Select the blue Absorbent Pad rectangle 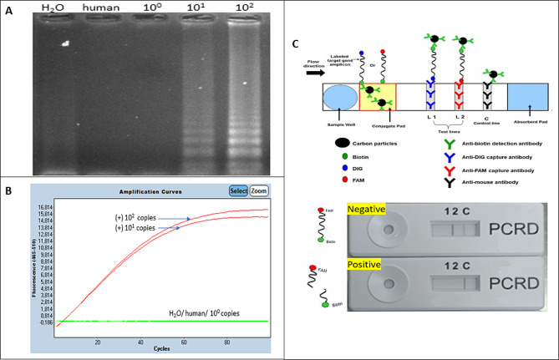click(526, 97)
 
